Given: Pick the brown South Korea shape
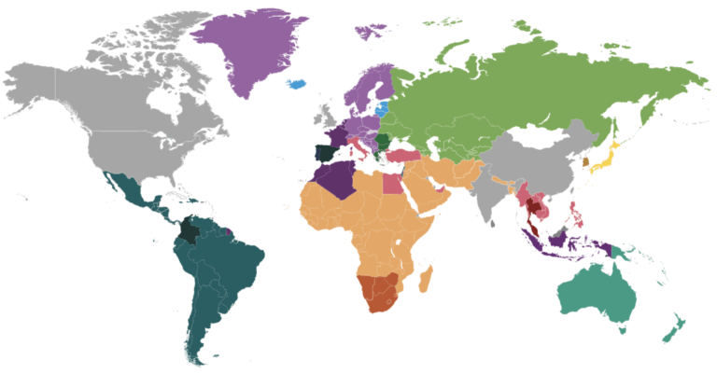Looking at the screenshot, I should (585, 161).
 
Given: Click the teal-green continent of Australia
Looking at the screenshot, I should (597, 294).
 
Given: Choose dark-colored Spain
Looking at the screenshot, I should (324, 154).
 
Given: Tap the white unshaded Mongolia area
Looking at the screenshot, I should (527, 140).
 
